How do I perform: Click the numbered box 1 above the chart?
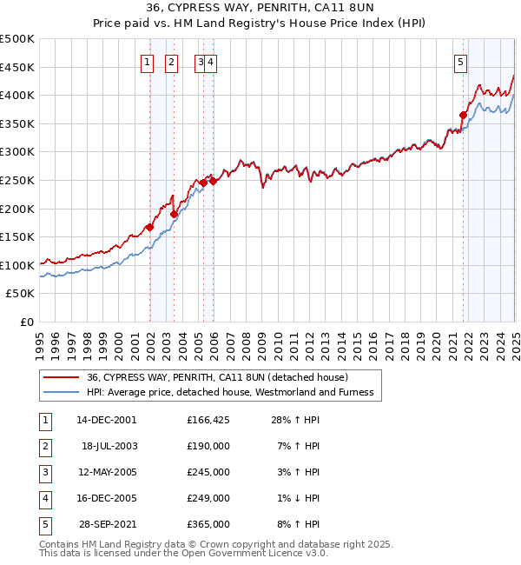click(148, 61)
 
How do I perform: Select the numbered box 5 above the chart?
click(459, 61)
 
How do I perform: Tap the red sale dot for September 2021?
click(464, 115)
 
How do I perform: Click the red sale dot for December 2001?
click(150, 228)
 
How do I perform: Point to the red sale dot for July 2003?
click(175, 214)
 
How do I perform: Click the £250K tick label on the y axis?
click(17, 180)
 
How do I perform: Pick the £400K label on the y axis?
click(17, 95)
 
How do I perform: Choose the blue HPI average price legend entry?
click(229, 392)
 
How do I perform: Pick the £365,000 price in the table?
click(208, 524)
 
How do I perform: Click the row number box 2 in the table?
click(45, 446)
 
